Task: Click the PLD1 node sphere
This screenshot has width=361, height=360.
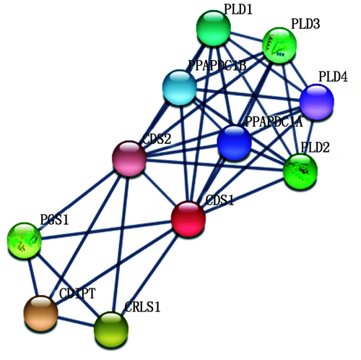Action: pyautogui.click(x=214, y=27)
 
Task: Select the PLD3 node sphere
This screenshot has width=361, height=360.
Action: pyautogui.click(x=279, y=46)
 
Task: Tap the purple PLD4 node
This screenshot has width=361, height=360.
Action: pyautogui.click(x=317, y=102)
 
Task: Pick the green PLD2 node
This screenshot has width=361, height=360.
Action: pyautogui.click(x=300, y=171)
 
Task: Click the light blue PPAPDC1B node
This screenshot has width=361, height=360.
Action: pyautogui.click(x=180, y=87)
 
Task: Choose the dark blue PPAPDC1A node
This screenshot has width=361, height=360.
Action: pyautogui.click(x=234, y=142)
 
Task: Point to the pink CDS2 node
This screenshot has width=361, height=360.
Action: pyautogui.click(x=129, y=158)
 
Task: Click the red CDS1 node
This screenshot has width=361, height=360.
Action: pyautogui.click(x=188, y=218)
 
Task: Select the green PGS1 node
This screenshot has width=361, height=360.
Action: pyautogui.click(x=25, y=241)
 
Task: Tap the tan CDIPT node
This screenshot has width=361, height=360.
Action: pyautogui.click(x=41, y=313)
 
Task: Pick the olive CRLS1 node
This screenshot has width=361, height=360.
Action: pyautogui.click(x=111, y=329)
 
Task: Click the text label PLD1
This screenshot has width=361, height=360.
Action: pyautogui.click(x=238, y=10)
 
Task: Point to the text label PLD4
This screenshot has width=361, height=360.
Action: pyautogui.click(x=334, y=77)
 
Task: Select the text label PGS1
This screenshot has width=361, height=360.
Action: pyautogui.click(x=54, y=220)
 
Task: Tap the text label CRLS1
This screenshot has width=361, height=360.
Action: pyautogui.click(x=142, y=307)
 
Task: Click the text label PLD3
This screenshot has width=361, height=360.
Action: pyautogui.click(x=305, y=24)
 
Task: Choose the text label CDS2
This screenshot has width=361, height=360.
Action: pyautogui.click(x=157, y=139)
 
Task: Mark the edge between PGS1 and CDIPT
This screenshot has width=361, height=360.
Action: pyautogui.click(x=33, y=277)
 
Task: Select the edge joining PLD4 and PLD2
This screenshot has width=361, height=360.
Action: pyautogui.click(x=309, y=136)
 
